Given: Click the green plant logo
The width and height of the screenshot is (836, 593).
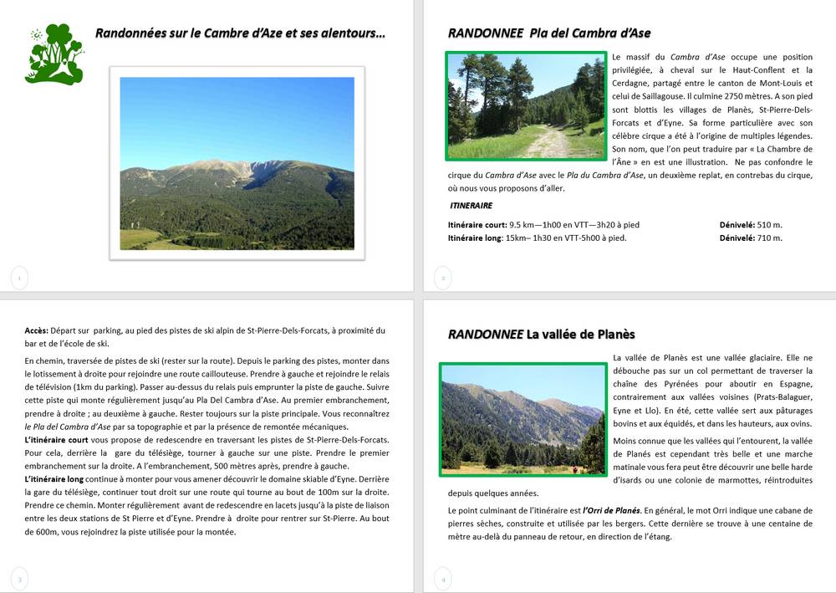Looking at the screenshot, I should (54, 54).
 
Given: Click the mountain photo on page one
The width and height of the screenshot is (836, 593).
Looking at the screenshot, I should (237, 163).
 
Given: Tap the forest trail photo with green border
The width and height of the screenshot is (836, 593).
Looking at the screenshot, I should (526, 106).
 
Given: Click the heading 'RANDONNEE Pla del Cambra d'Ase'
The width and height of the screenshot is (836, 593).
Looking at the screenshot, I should (549, 33).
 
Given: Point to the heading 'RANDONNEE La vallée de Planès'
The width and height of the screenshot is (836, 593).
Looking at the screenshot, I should (541, 335).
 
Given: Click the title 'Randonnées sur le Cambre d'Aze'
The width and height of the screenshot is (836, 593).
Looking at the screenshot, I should (240, 34).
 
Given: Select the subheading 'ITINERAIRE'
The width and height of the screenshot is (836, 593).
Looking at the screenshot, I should (471, 206).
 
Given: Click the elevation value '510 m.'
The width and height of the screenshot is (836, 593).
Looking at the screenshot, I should (770, 225).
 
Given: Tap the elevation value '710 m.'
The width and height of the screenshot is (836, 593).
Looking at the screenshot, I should (770, 238).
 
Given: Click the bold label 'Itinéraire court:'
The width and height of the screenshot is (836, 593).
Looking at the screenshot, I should (477, 225).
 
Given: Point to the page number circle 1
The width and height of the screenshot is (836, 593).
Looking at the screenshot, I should (19, 277).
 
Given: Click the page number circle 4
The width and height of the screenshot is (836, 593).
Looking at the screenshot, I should (444, 578).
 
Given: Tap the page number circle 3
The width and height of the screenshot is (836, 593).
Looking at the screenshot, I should (19, 578).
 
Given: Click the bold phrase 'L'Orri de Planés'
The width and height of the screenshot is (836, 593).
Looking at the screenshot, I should (611, 510).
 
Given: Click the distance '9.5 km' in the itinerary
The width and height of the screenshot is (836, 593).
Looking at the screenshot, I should (524, 225).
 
